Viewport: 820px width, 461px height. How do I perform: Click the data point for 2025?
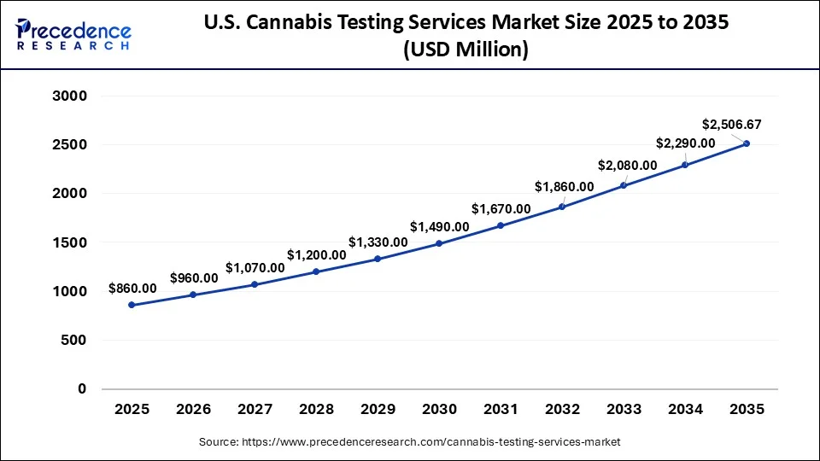(x=132, y=305)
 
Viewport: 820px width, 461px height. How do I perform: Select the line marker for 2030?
(x=439, y=243)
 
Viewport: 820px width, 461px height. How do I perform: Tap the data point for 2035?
(x=746, y=143)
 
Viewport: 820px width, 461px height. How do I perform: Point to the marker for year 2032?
(x=562, y=207)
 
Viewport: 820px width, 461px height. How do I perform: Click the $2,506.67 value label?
(x=731, y=124)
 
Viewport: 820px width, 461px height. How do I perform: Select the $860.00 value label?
(x=132, y=289)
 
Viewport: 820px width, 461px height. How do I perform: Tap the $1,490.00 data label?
(x=439, y=226)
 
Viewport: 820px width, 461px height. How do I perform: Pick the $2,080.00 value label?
(x=627, y=166)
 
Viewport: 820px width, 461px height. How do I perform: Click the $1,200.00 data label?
(x=316, y=254)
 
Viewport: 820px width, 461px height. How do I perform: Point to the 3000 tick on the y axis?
(x=70, y=96)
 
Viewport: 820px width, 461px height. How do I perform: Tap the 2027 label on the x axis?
(x=255, y=410)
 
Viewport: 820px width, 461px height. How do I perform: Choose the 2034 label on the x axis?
(x=685, y=410)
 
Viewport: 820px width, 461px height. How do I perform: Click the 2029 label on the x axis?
(x=378, y=410)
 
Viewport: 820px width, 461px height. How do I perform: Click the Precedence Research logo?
(x=73, y=34)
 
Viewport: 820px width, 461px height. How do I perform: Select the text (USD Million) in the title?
(x=466, y=50)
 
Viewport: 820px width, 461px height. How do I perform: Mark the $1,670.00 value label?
(x=501, y=208)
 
